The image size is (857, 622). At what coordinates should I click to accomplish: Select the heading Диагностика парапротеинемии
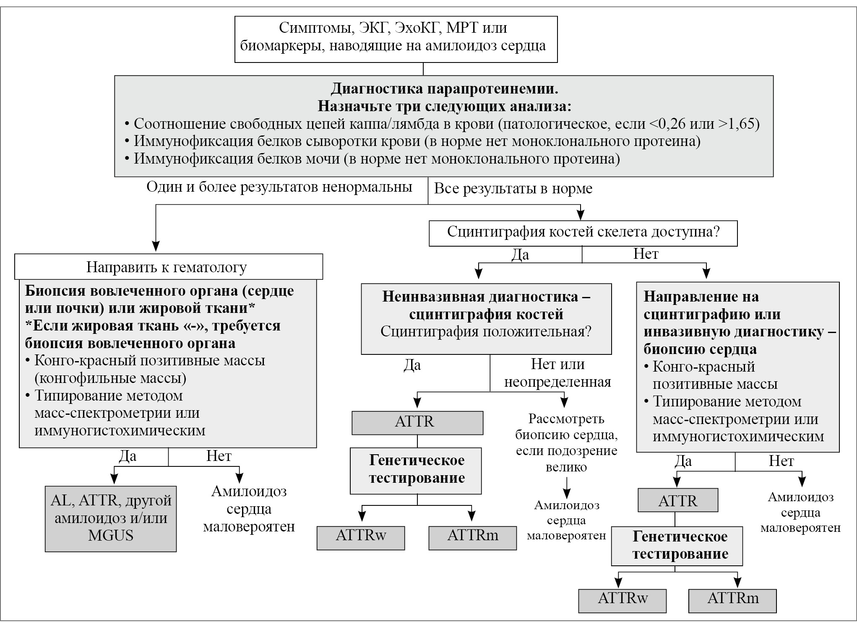pos(444,89)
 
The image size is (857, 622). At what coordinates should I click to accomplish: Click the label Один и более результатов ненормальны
pos(279,187)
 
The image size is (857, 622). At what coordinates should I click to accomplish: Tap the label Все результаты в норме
pos(513,188)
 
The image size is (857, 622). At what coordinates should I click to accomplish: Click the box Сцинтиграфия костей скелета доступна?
pos(583,232)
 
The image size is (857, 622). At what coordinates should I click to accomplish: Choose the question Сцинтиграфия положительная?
pos(486,331)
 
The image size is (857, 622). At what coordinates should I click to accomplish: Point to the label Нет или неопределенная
pos(557,373)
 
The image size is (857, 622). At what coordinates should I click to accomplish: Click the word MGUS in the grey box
pos(111,536)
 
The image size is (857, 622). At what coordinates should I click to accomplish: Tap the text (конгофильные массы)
pos(110,378)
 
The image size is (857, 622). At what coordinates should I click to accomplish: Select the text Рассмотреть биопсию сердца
pos(566,427)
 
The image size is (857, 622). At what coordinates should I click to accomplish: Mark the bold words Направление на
pos(701,297)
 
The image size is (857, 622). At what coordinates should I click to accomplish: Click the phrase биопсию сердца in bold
pos(700,349)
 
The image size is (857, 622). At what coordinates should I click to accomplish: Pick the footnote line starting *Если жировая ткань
pos(153,326)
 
